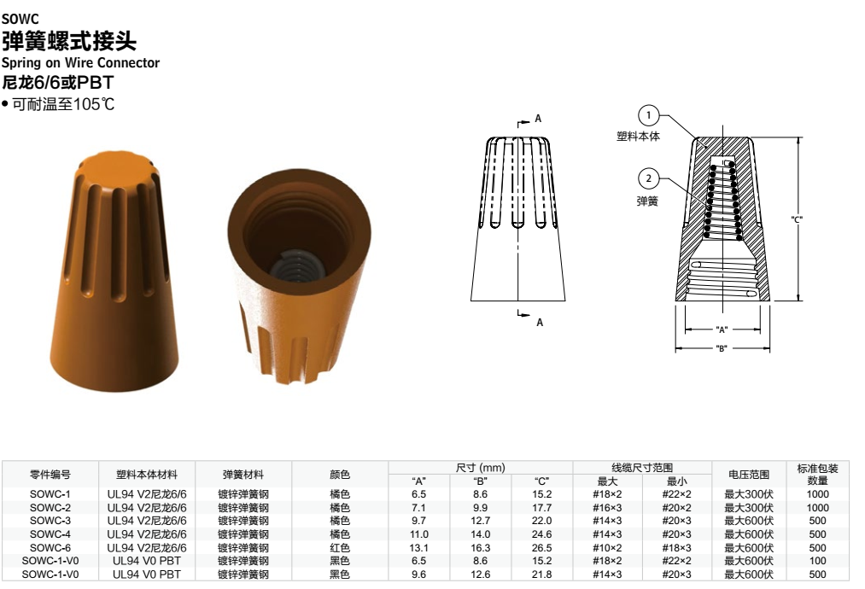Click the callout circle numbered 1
[x=649, y=115]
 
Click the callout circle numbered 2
[x=649, y=178]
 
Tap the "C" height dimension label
[x=796, y=219]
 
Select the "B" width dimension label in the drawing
[x=721, y=348]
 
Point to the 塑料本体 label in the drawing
[x=638, y=137]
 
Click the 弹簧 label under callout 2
[x=647, y=201]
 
